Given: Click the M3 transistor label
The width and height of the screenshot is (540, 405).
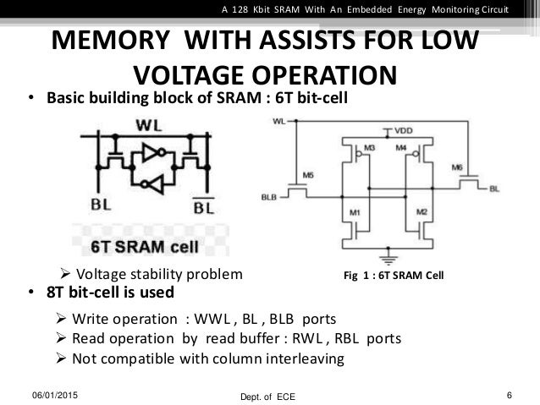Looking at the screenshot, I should [369, 147].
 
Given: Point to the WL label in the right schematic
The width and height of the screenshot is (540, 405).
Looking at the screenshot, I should [279, 122].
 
